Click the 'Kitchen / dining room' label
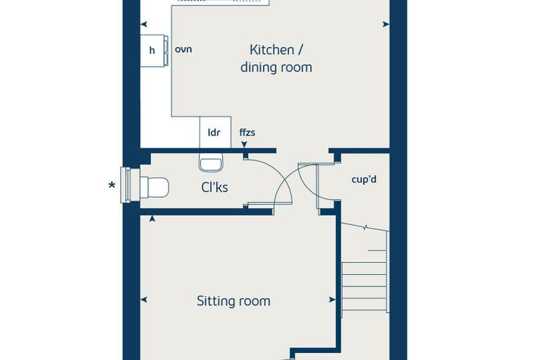(x=276, y=58)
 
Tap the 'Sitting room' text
(x=233, y=301)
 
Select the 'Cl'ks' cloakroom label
(x=214, y=187)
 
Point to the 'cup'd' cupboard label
(x=364, y=179)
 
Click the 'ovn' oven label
(x=183, y=49)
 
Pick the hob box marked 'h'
(x=152, y=51)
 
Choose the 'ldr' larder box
(x=215, y=132)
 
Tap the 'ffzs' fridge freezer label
(x=247, y=132)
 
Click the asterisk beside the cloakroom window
(x=112, y=186)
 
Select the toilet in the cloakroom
(x=155, y=187)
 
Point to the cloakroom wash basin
(x=211, y=162)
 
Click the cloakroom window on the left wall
(x=126, y=185)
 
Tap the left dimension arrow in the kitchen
(x=144, y=24)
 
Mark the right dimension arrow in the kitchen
(x=386, y=24)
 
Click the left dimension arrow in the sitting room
(x=144, y=300)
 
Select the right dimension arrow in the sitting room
(x=332, y=300)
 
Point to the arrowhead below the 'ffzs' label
(x=245, y=145)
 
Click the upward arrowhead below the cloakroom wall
(x=152, y=219)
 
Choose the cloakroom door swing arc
(x=278, y=173)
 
